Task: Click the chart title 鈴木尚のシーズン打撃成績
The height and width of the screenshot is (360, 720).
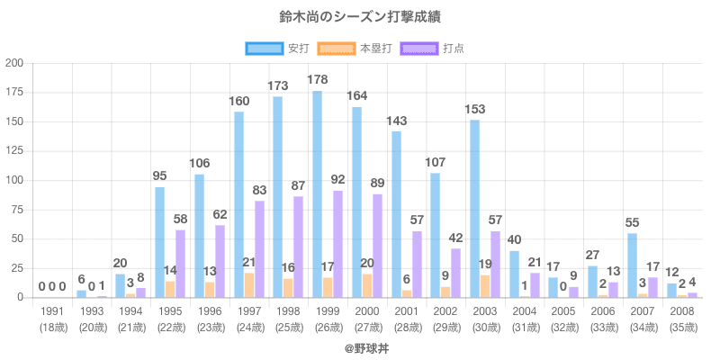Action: tap(360, 17)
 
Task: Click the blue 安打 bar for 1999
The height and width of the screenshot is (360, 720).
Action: tap(317, 193)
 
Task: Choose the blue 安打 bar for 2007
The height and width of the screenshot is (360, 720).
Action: tap(632, 265)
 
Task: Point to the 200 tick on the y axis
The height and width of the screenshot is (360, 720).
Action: tap(14, 63)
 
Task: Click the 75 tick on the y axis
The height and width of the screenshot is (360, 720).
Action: tap(17, 209)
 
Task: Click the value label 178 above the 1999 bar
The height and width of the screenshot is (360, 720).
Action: tap(318, 80)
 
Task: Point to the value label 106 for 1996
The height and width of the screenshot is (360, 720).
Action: tap(200, 164)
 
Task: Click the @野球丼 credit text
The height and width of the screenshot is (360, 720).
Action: tap(360, 346)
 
